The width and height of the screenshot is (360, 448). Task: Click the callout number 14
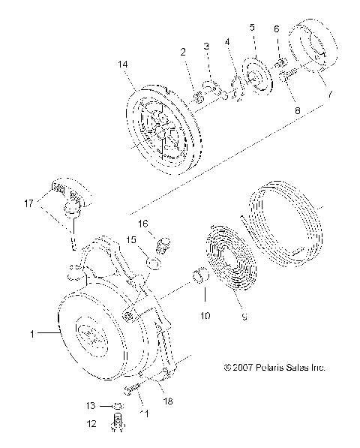click(x=123, y=65)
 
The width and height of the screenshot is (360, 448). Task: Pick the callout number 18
click(x=168, y=402)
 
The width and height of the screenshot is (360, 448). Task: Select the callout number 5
click(x=253, y=28)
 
